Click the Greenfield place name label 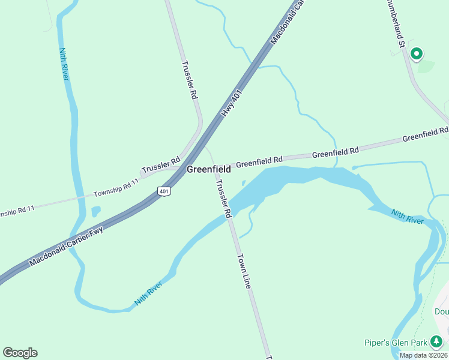tap(208, 170)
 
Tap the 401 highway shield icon tap(164, 191)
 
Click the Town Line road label tap(243, 272)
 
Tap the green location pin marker tap(416, 55)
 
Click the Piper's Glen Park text tap(396, 343)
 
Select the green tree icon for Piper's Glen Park tap(437, 343)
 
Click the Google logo tap(20, 353)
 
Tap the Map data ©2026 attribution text tap(423, 355)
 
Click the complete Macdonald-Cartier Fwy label tap(66, 247)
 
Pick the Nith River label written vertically tap(64, 64)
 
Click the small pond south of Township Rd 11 tap(96, 211)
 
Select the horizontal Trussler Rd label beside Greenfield tap(161, 166)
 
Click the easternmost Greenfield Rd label tap(425, 134)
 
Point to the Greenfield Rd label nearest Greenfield tap(259, 161)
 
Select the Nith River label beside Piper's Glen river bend tap(408, 217)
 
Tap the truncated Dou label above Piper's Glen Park tap(441, 311)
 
